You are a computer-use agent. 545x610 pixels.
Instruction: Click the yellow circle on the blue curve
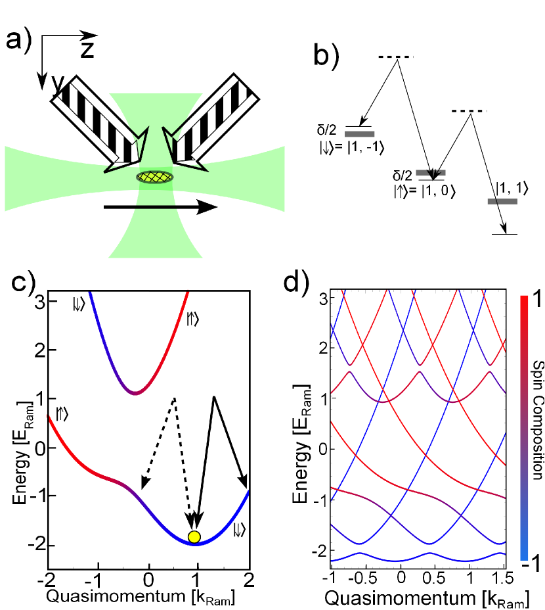tap(194, 536)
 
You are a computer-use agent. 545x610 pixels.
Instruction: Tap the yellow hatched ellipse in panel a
tap(155, 177)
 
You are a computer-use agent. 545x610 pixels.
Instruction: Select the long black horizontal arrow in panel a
tap(160, 207)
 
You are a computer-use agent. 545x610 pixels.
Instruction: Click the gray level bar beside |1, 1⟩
tap(502, 201)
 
